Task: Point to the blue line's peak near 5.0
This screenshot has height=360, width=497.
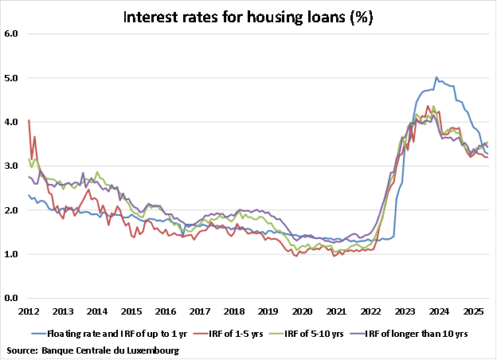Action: [x=436, y=77]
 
